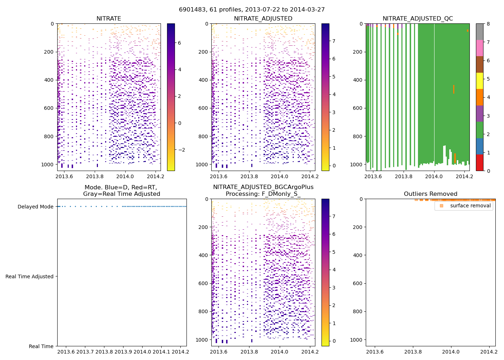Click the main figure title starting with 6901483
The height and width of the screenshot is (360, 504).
pos(252,10)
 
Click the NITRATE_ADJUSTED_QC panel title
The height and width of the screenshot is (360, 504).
pos(418,19)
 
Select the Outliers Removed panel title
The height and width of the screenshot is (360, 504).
pos(431,194)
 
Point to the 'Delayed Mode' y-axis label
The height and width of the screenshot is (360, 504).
pos(35,207)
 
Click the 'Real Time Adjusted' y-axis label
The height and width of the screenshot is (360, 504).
pos(30,276)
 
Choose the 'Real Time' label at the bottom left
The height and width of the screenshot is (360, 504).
pos(41,346)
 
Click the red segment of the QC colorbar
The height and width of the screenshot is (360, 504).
pos(480,163)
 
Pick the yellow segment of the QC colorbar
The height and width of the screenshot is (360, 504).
pos(480,81)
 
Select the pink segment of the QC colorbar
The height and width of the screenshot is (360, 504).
pos(480,48)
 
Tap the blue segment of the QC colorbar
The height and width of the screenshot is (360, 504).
pos(480,146)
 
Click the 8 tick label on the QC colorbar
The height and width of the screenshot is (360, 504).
pos(488,24)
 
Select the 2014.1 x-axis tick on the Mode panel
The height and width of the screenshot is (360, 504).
pos(162,352)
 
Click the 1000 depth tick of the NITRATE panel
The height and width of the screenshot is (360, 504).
pos(48,165)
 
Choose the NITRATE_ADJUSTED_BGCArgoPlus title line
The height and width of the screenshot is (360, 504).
pos(263,187)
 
